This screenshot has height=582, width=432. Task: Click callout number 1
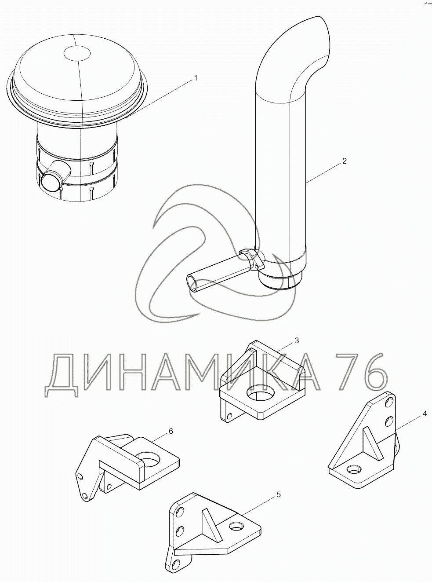point(195,78)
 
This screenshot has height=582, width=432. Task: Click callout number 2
point(345,161)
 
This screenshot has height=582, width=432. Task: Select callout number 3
point(297,340)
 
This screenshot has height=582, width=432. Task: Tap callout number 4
point(425,414)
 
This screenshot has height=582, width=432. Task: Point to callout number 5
point(279,494)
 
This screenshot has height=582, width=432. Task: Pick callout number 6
point(171,431)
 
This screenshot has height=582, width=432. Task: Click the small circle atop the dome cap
point(77,53)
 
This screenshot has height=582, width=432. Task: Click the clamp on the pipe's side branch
point(254,258)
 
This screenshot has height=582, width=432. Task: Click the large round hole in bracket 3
point(261,392)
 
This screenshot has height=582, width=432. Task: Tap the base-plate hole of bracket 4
point(354,468)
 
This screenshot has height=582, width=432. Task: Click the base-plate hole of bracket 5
point(237,526)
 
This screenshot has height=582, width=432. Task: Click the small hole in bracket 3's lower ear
point(230,416)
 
